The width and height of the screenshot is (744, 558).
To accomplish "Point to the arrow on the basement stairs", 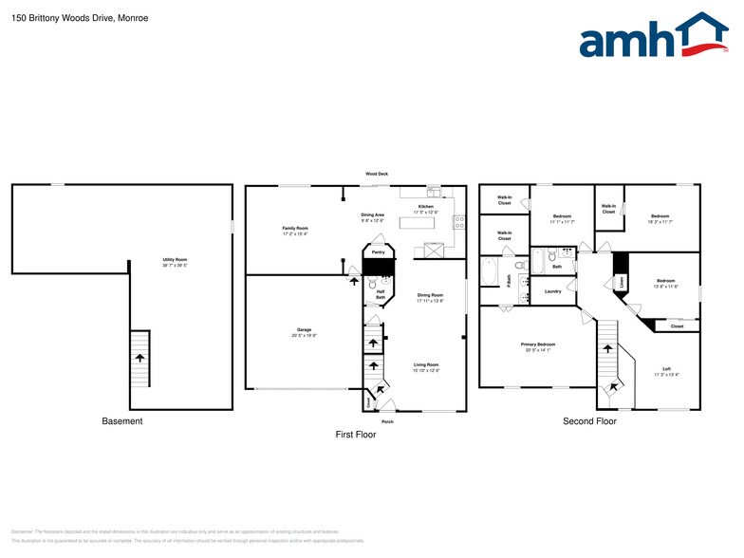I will [140, 358].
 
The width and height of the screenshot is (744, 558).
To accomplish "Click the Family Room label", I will [295, 230].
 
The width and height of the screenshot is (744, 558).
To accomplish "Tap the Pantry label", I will [378, 252].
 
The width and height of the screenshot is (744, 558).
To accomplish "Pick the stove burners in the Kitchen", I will [459, 223].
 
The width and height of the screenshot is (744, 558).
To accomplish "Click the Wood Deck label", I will [377, 174].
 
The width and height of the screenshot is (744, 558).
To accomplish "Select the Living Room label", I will [426, 365].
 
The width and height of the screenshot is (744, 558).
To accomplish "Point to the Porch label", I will [387, 421].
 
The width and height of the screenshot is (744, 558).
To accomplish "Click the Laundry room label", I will [552, 291].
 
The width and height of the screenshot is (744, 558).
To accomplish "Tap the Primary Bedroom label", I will [538, 345].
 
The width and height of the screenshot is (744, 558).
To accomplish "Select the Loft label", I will [666, 369].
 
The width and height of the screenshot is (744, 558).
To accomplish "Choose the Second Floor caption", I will [589, 421].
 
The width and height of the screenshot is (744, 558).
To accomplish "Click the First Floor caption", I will [356, 435].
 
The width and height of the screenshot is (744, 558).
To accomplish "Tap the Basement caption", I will [122, 421].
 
